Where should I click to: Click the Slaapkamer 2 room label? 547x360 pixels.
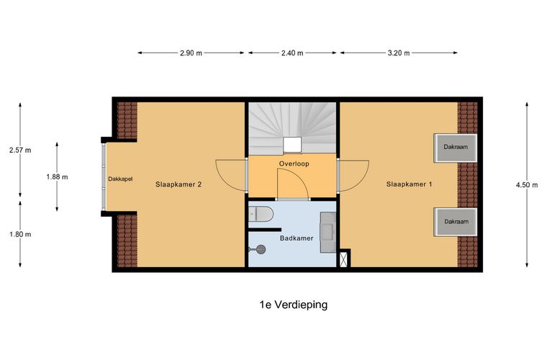click(178, 184)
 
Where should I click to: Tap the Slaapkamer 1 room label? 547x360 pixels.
click(409, 184)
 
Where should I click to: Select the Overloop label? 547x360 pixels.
click(294, 164)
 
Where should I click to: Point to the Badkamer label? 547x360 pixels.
click(296, 238)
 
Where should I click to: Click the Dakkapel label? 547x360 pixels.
click(120, 179)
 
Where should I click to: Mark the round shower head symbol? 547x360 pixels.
click(261, 249)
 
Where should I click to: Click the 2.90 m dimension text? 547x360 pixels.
click(191, 53)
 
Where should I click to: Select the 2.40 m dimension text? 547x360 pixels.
click(291, 53)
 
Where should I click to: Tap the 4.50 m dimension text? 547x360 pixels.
click(526, 185)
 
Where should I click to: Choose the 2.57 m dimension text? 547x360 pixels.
click(20, 150)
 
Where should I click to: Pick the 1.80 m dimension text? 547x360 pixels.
click(20, 234)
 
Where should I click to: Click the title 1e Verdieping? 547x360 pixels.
click(293, 305)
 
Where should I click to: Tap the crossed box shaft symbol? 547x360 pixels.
click(344, 258)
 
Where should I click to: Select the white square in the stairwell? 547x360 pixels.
click(292, 145)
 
